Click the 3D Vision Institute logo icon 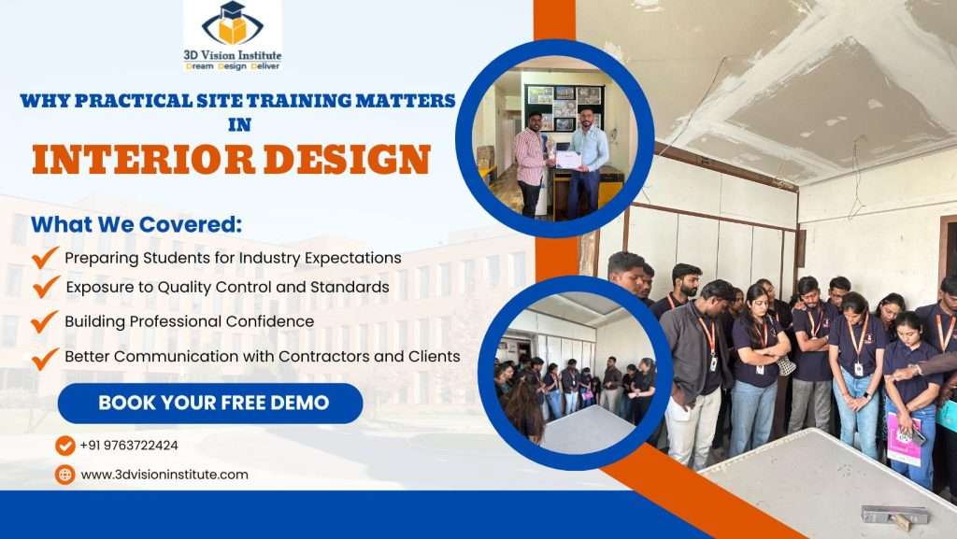pyautogui.click(x=233, y=23)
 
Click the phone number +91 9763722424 pyautogui.click(x=129, y=446)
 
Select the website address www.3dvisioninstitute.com pyautogui.click(x=164, y=475)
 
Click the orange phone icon pyautogui.click(x=65, y=446)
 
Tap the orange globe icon pyautogui.click(x=65, y=475)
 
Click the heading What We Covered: pyautogui.click(x=136, y=224)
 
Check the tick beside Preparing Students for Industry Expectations pyautogui.click(x=44, y=257)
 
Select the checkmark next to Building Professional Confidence pyautogui.click(x=44, y=320)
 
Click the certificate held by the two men pyautogui.click(x=567, y=159)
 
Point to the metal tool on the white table pyautogui.click(x=895, y=515)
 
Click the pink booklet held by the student pyautogui.click(x=904, y=438)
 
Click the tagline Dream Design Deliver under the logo pyautogui.click(x=233, y=66)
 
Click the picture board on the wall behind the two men pyautogui.click(x=564, y=108)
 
